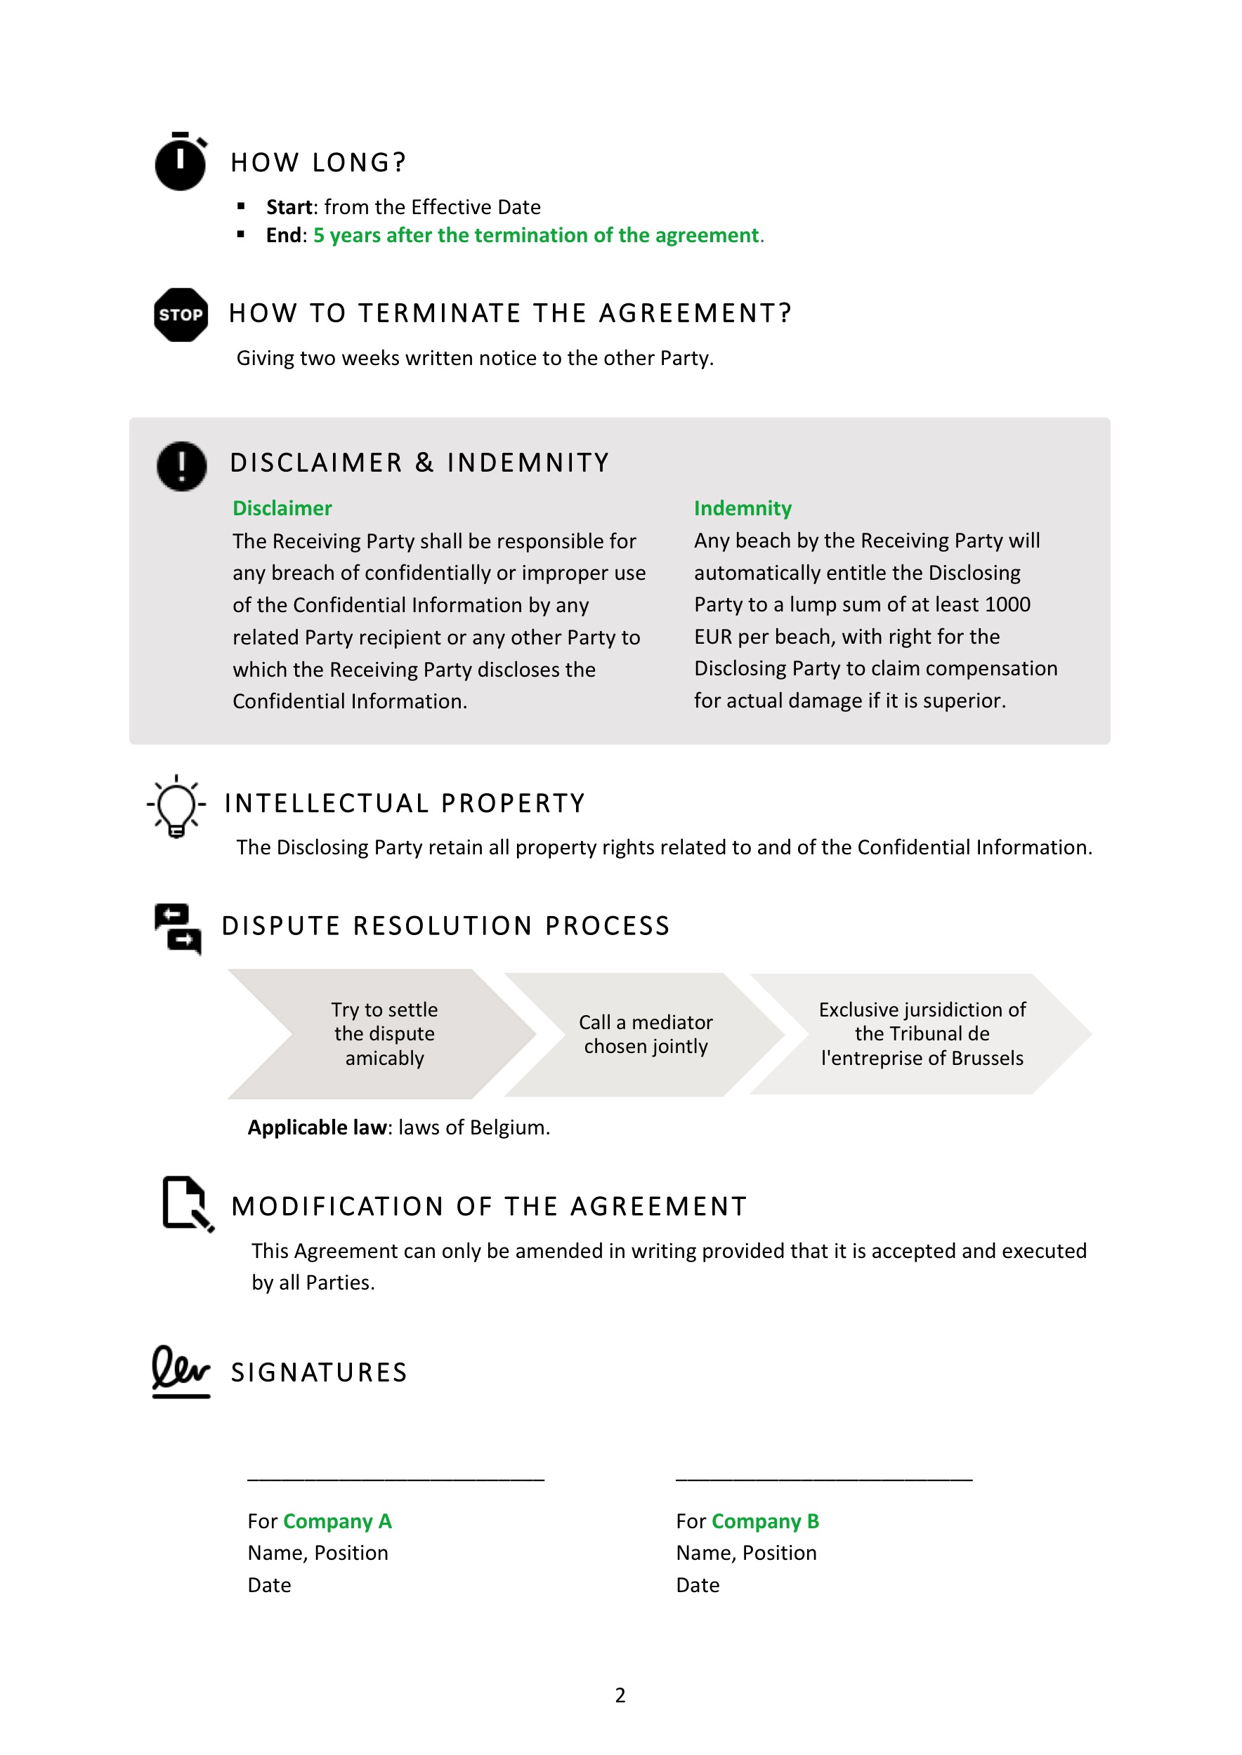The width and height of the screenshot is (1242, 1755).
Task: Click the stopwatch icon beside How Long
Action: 181,161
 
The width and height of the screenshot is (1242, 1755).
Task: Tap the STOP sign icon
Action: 181,314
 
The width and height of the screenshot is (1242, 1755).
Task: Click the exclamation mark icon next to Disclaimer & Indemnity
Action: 181,465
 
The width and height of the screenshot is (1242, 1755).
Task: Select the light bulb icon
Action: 176,806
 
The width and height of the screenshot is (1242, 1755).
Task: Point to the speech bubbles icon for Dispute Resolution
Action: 178,928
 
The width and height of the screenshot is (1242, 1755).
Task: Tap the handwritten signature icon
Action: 181,1371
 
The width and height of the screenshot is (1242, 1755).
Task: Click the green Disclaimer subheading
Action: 282,508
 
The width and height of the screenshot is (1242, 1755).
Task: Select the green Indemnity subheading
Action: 742,508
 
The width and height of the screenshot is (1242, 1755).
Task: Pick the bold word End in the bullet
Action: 284,235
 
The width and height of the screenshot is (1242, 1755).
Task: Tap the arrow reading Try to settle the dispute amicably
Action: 384,1033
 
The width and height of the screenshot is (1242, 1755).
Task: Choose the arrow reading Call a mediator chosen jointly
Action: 646,1033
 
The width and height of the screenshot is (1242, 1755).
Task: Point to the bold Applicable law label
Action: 318,1127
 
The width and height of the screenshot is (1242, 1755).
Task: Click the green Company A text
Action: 337,1521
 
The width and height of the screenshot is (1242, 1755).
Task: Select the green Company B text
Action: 765,1521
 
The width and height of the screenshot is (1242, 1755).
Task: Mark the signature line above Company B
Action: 823,1479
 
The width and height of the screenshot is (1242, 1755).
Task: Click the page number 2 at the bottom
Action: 620,1695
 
